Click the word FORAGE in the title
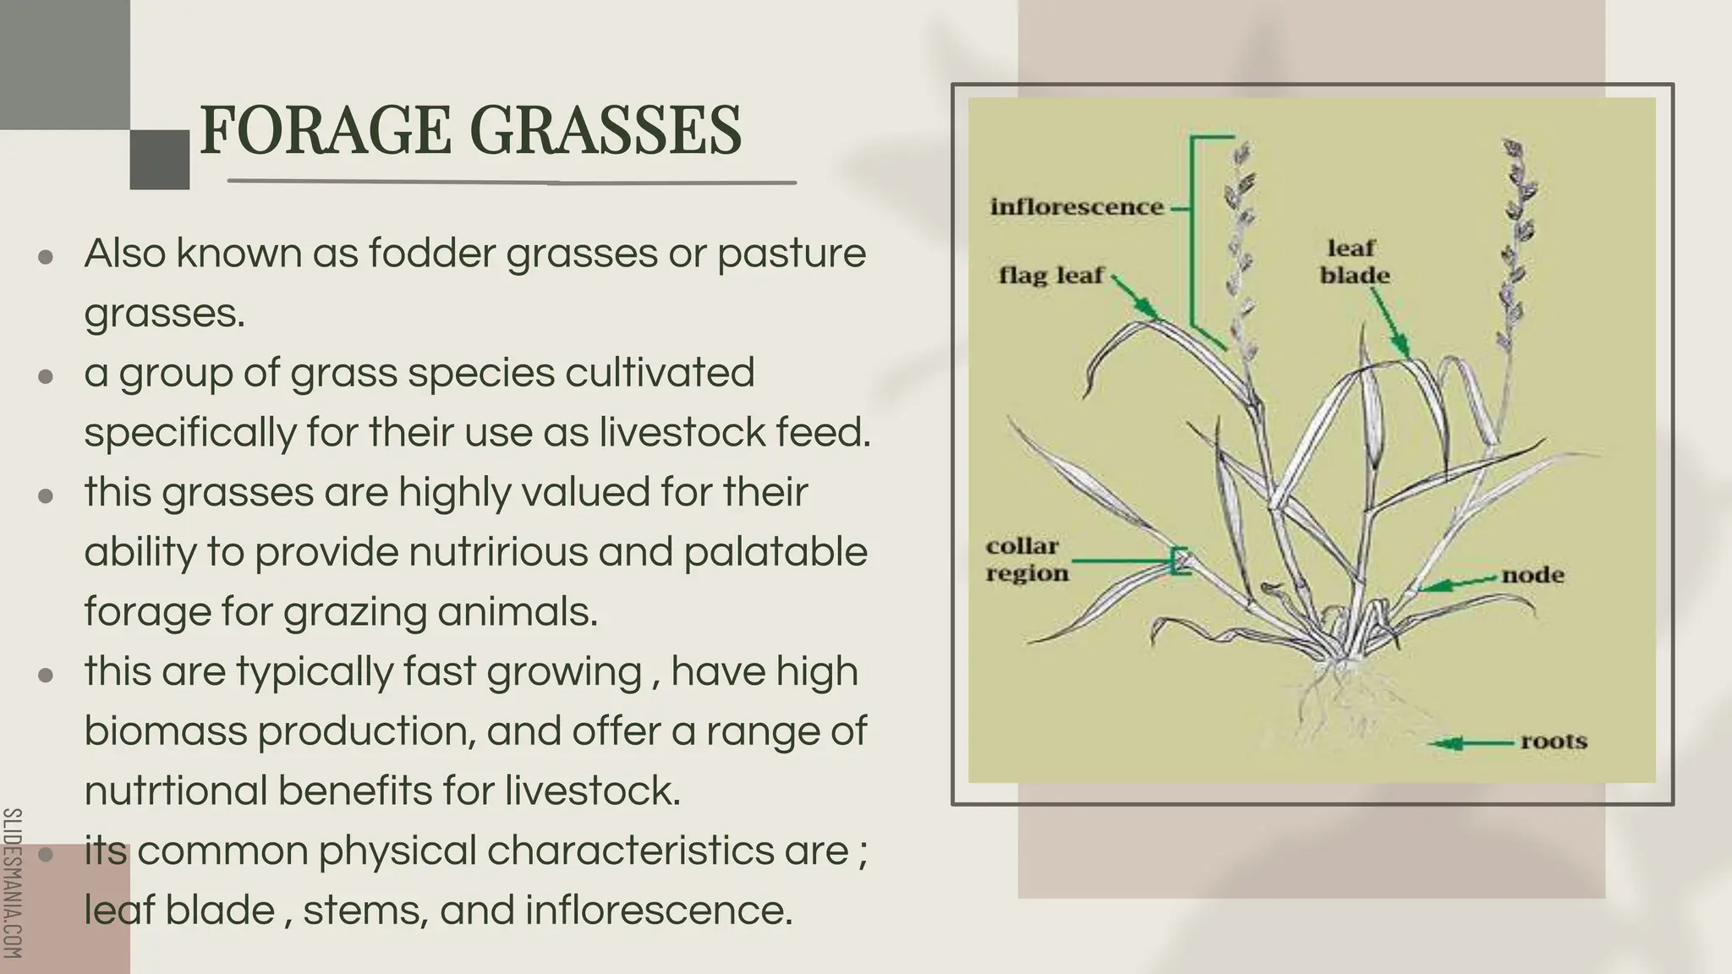[326, 131]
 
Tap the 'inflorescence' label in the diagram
[1077, 207]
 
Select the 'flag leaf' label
[1051, 276]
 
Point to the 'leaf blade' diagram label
[1354, 262]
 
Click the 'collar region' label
[1027, 560]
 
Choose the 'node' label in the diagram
[1532, 576]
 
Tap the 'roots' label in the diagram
[1553, 741]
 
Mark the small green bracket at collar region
[1179, 561]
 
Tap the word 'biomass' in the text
[166, 731]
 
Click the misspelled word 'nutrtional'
[175, 791]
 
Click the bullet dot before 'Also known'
[47, 256]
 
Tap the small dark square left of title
[159, 159]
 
